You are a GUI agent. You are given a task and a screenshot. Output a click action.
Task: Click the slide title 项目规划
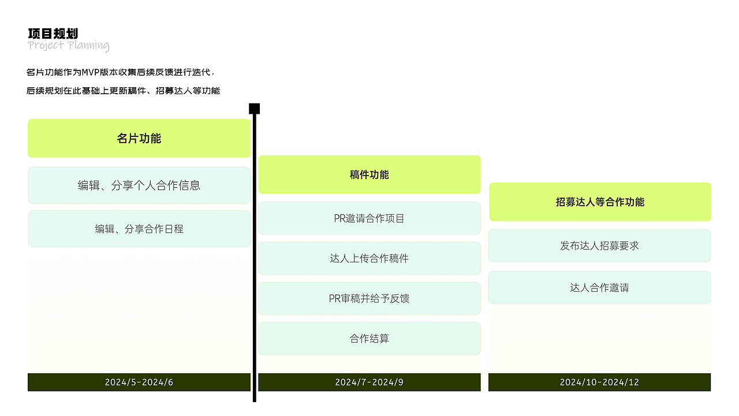point(53,34)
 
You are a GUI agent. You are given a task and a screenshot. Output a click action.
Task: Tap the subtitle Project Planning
point(68,46)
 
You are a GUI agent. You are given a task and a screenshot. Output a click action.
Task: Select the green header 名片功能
point(139,139)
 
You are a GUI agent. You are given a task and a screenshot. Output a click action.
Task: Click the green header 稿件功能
point(369,174)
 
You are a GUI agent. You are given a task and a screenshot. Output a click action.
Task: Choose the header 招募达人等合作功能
point(600,202)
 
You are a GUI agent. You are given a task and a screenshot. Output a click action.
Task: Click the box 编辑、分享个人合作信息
point(139,185)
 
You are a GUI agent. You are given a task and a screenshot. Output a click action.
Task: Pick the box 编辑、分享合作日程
point(139,229)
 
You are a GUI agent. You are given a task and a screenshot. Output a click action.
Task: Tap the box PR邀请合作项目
point(369,218)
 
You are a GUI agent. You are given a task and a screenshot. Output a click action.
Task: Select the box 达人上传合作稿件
point(369,258)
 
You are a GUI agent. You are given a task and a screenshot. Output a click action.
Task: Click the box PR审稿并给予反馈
point(369,298)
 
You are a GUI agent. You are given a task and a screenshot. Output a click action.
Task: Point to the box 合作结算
point(369,338)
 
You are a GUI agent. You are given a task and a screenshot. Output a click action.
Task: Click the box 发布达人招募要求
point(600,246)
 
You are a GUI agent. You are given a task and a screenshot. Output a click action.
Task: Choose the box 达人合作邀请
point(600,287)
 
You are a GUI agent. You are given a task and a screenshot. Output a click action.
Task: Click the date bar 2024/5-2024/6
point(139,382)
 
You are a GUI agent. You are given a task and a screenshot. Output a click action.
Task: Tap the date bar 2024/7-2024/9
point(369,382)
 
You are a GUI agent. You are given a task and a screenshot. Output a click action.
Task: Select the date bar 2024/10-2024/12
point(600,382)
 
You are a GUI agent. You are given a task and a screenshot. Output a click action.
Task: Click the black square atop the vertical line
point(254,109)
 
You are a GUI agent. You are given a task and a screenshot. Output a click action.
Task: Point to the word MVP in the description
point(91,73)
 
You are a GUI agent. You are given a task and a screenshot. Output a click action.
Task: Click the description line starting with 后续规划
point(123,91)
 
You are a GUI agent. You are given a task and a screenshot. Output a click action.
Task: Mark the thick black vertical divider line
point(254,260)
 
